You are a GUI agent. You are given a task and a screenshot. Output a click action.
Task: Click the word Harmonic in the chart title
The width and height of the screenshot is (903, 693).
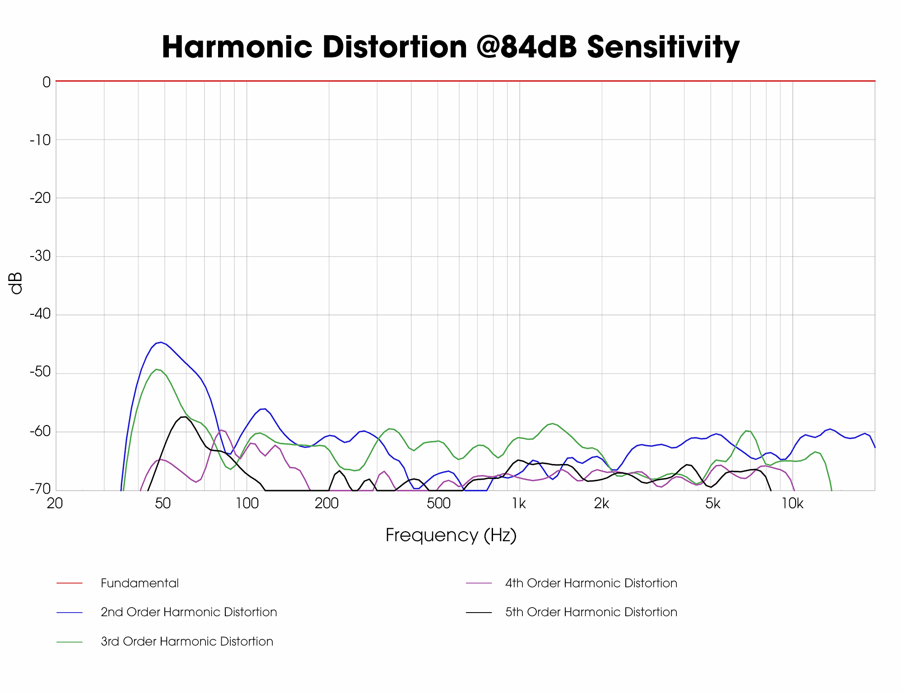237,47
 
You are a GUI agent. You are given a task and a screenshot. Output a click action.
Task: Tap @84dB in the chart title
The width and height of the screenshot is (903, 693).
526,47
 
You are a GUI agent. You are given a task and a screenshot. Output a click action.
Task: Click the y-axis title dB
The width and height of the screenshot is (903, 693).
16,283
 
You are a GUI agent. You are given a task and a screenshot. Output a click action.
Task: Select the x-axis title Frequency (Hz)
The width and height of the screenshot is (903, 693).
451,535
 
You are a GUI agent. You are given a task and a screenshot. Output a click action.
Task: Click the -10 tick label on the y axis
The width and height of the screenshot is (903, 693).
40,140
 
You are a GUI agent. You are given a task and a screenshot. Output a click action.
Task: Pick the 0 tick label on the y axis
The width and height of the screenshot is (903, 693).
47,82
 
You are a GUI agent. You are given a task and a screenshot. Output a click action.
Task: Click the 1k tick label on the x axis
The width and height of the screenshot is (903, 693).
519,504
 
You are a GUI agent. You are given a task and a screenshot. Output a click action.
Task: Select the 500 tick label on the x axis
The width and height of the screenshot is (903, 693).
438,504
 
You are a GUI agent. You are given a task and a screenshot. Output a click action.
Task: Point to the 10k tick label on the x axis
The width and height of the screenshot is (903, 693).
792,504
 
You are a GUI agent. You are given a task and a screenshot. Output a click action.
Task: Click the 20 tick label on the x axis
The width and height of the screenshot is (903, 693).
55,504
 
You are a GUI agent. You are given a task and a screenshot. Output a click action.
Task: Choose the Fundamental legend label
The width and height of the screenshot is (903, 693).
140,583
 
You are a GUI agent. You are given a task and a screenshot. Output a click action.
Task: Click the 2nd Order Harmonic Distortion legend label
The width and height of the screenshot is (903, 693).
189,612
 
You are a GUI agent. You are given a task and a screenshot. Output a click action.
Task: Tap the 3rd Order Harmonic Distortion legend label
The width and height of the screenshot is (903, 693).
187,641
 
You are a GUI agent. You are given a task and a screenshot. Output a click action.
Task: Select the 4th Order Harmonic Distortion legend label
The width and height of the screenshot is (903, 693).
591,583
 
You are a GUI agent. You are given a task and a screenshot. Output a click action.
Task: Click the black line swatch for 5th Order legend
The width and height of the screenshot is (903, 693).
479,612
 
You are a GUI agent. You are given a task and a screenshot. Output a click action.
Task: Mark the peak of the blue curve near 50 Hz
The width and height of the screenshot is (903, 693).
161,342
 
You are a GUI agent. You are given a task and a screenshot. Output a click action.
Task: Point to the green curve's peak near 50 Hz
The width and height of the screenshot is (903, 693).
156,370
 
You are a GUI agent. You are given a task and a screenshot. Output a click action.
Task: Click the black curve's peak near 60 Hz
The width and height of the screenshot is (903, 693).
183,417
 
